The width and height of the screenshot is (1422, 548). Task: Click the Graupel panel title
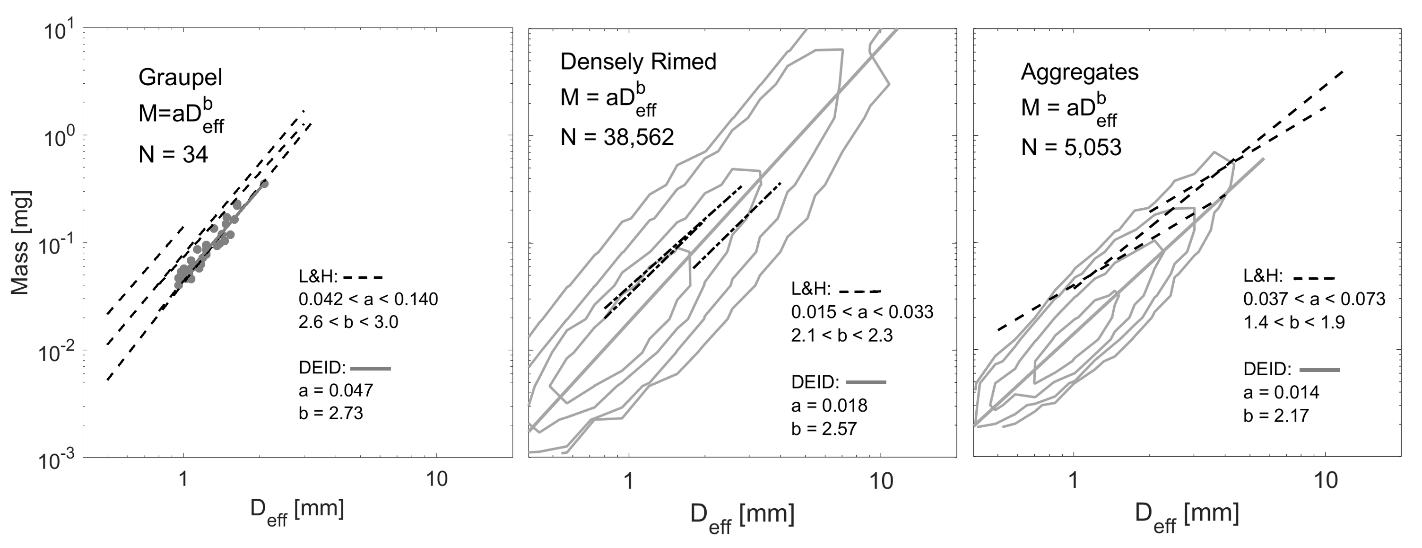coord(180,77)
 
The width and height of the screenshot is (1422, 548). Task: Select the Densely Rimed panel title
coord(638,62)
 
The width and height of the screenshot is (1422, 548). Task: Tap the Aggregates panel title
coord(1079,72)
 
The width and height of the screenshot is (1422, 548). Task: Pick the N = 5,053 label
coord(1071,148)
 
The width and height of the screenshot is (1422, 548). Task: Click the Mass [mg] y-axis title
coord(20,243)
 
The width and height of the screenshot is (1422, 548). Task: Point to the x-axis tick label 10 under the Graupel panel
coord(436,479)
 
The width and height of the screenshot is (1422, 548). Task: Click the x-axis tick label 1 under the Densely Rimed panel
coord(628,481)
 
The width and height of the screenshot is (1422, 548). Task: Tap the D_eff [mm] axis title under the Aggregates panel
coord(1187,515)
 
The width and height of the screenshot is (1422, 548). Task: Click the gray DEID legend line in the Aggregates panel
coord(1320,369)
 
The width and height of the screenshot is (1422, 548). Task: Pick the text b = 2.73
coord(330,413)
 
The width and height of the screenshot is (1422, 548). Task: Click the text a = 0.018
coord(829,406)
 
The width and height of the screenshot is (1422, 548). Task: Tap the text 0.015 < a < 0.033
coord(862,312)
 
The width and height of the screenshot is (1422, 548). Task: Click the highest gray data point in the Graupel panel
coord(264,184)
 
